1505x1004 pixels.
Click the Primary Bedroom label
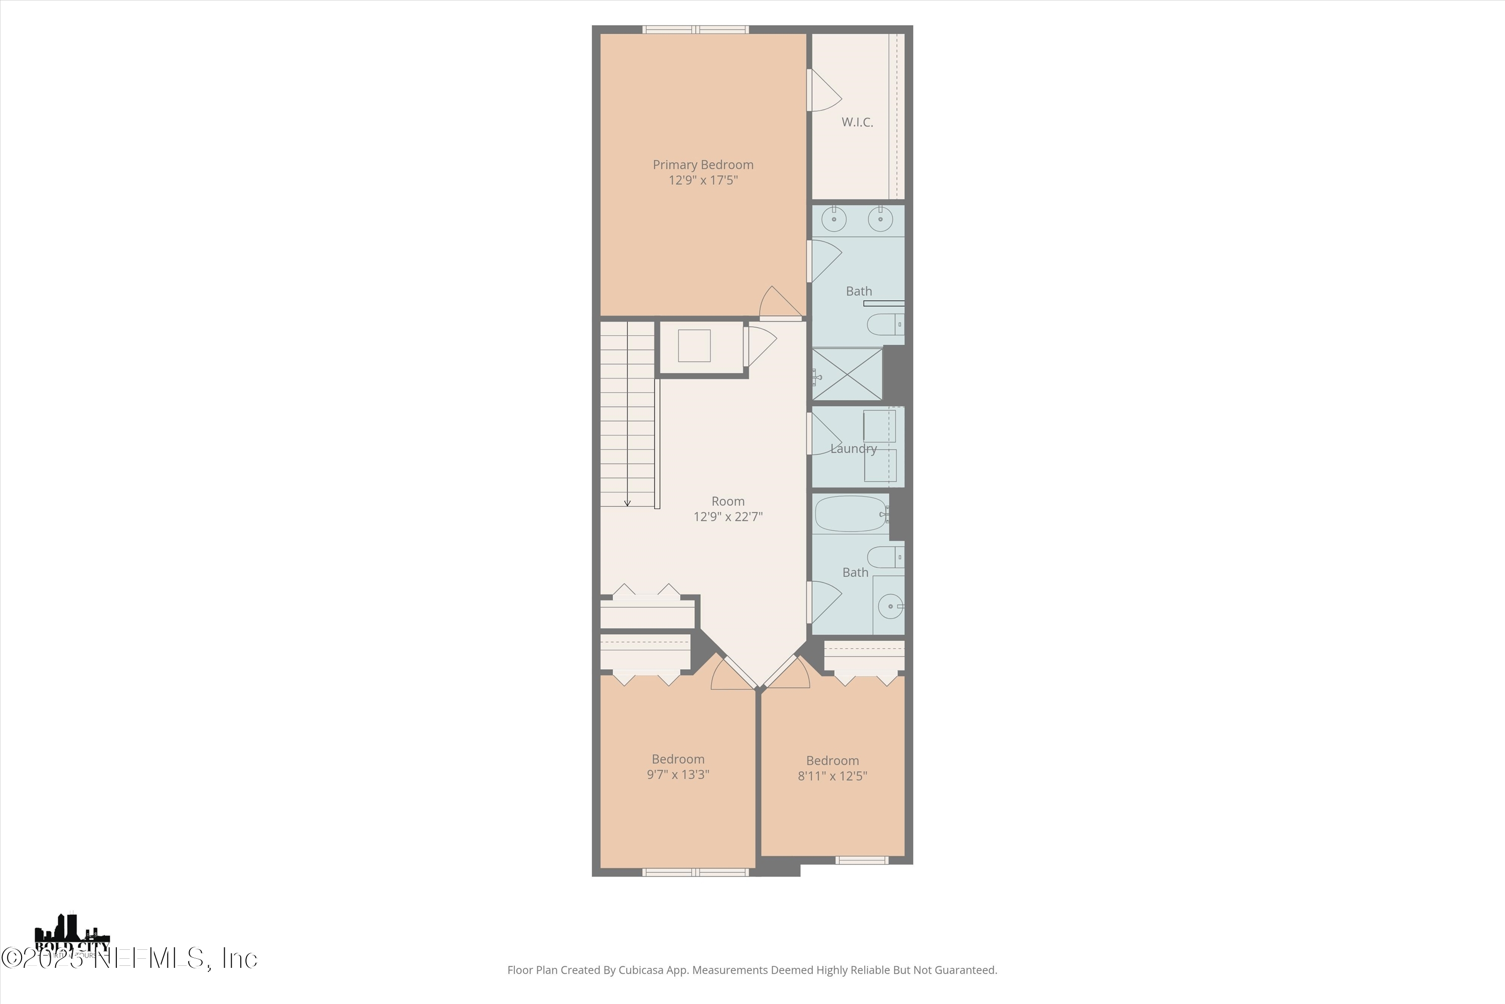click(x=703, y=165)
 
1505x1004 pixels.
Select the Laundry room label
click(x=853, y=449)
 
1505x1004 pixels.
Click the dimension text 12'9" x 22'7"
click(x=727, y=517)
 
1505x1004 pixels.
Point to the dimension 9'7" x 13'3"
click(x=678, y=775)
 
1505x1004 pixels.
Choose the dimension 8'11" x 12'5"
click(x=832, y=776)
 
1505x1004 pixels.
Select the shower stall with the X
click(x=847, y=374)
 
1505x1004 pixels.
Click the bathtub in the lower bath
click(x=851, y=514)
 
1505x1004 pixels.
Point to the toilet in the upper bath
click(x=884, y=325)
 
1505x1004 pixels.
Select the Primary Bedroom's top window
click(x=695, y=30)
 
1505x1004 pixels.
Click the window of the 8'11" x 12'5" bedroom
click(x=862, y=860)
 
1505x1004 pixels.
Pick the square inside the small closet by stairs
click(x=694, y=346)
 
